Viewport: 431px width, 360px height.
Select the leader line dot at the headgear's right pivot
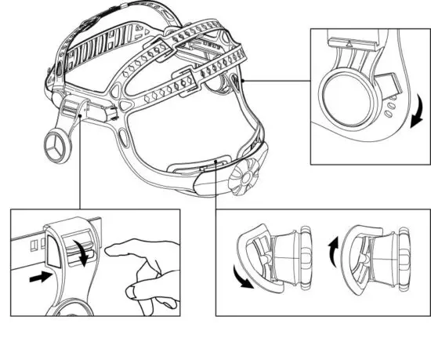pyautogui.click(x=244, y=79)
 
